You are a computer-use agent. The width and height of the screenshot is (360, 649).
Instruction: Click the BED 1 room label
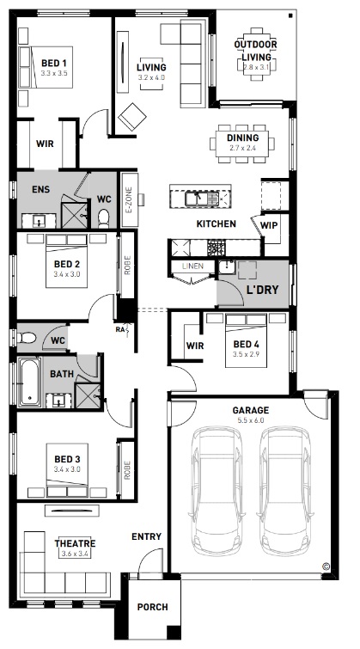point(54,64)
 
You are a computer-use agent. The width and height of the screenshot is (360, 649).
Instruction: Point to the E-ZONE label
point(128,200)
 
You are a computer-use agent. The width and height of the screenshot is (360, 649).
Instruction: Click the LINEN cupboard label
point(192,266)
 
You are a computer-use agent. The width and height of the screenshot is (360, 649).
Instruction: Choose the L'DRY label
point(262,290)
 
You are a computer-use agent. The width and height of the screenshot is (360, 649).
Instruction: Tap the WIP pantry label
point(269,226)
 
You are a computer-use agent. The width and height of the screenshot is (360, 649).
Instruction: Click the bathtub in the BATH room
point(29,382)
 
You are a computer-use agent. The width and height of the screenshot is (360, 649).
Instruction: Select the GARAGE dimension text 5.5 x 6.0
point(250,420)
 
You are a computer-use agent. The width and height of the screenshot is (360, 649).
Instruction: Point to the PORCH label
point(153,607)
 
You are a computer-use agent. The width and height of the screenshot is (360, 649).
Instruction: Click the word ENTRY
point(146,537)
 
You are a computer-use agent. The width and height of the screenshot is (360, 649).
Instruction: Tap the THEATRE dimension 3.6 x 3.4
point(76,554)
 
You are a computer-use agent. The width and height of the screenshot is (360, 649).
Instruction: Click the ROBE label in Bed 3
point(126,470)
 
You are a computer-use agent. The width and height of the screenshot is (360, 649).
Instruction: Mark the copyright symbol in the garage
point(326,566)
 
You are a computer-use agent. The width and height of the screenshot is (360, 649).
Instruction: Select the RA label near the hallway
point(120,330)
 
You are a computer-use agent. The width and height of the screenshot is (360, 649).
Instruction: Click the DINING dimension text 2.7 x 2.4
point(242,148)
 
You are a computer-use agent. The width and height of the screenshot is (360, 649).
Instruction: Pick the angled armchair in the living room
point(132,117)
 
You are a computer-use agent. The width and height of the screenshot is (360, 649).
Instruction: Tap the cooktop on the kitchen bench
point(216,248)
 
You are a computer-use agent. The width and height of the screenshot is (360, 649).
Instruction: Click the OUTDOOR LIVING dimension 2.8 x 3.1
point(256,66)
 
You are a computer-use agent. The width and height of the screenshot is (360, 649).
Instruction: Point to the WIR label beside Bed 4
point(195,346)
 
